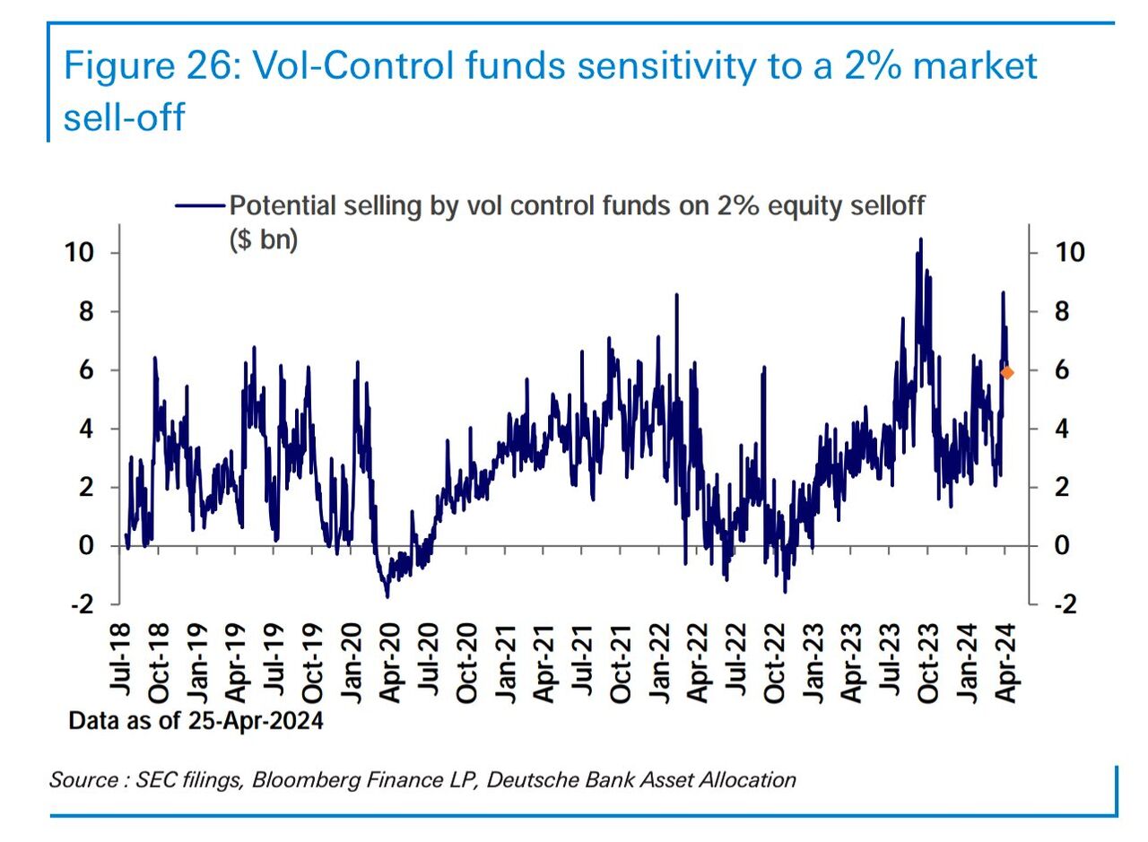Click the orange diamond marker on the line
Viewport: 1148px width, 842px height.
[x=1007, y=372]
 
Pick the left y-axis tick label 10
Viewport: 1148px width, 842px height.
[x=78, y=252]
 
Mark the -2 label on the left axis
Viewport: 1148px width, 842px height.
[x=81, y=604]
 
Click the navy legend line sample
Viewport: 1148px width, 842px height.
[x=199, y=206]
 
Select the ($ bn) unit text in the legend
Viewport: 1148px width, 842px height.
[x=264, y=240]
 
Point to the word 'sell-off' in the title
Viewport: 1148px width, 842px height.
[x=124, y=117]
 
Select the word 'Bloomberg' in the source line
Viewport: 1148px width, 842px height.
[x=297, y=780]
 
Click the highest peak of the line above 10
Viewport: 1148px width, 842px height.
[x=920, y=239]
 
